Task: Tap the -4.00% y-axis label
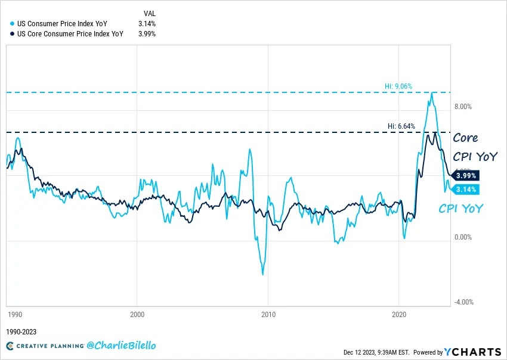coord(463,302)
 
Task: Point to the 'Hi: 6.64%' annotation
coord(401,126)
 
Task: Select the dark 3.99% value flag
coord(466,176)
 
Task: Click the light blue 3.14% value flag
coord(466,190)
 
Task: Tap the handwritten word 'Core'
coord(465,138)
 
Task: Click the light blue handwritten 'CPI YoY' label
coord(461,209)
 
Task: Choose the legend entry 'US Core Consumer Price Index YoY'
coord(67,34)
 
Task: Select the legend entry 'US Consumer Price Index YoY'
coord(60,24)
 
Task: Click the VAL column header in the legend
coord(150,13)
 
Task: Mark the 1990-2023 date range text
coord(21,331)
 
